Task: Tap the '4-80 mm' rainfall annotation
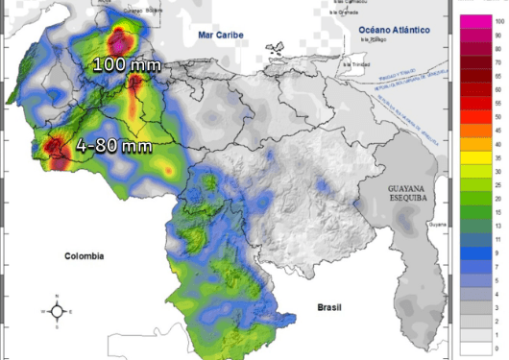[114, 146]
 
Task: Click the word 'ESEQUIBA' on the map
[412, 203]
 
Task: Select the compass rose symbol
[57, 310]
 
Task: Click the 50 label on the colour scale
[497, 116]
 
